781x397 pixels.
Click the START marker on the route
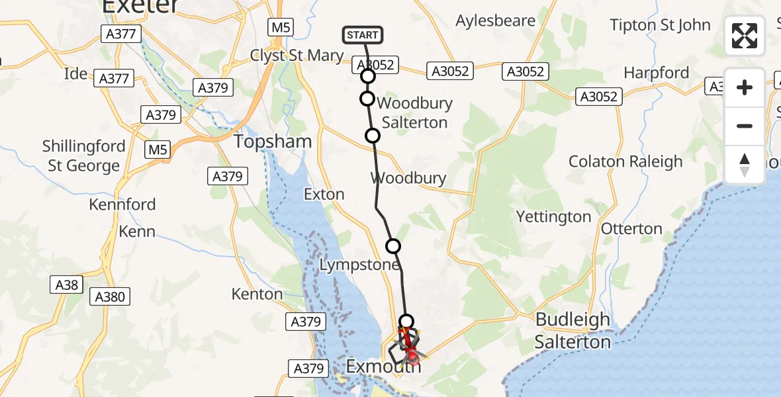pyautogui.click(x=363, y=35)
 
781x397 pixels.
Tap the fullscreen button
pyautogui.click(x=745, y=36)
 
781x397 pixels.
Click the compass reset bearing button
pyautogui.click(x=745, y=165)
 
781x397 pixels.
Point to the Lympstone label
pyautogui.click(x=360, y=265)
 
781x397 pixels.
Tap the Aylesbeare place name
pyautogui.click(x=495, y=21)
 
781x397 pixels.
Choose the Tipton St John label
pyautogui.click(x=660, y=25)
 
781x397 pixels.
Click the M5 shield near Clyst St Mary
pyautogui.click(x=281, y=27)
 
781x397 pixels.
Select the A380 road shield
pyautogui.click(x=110, y=296)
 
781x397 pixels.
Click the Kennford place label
pyautogui.click(x=122, y=204)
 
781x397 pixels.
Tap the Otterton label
pyautogui.click(x=631, y=229)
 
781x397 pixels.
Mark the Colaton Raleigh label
pyautogui.click(x=625, y=161)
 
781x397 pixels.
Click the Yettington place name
pyautogui.click(x=553, y=216)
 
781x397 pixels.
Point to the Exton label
pyautogui.click(x=324, y=195)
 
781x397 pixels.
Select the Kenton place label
pyautogui.click(x=257, y=294)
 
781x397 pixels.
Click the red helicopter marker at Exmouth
pyautogui.click(x=412, y=358)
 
